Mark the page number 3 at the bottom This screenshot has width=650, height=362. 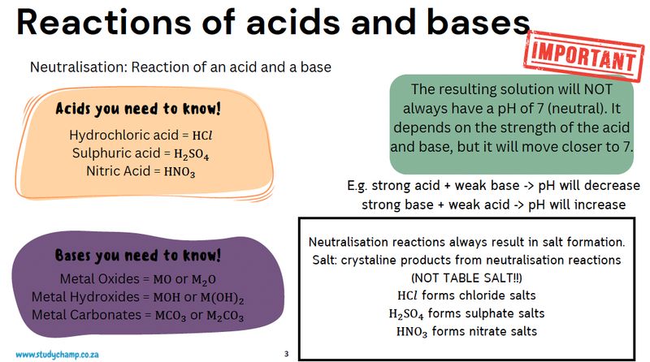[286, 354]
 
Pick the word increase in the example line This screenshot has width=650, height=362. [600, 204]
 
